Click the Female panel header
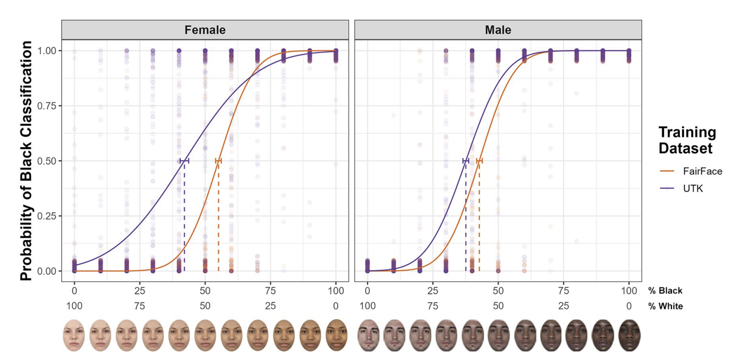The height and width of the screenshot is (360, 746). pos(205,30)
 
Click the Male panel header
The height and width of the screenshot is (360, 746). pos(498,30)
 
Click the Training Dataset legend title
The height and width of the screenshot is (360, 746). pos(686,141)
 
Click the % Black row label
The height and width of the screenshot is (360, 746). pos(665,291)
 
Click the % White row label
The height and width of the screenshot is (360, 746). pos(665,306)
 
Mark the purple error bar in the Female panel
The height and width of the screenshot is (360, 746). pos(184,161)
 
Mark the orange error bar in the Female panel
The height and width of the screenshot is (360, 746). pos(219,161)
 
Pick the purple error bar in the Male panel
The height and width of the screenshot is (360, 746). pos(466,161)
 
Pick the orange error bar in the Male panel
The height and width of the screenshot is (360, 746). pos(479,161)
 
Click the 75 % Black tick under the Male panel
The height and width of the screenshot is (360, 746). pos(563,291)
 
